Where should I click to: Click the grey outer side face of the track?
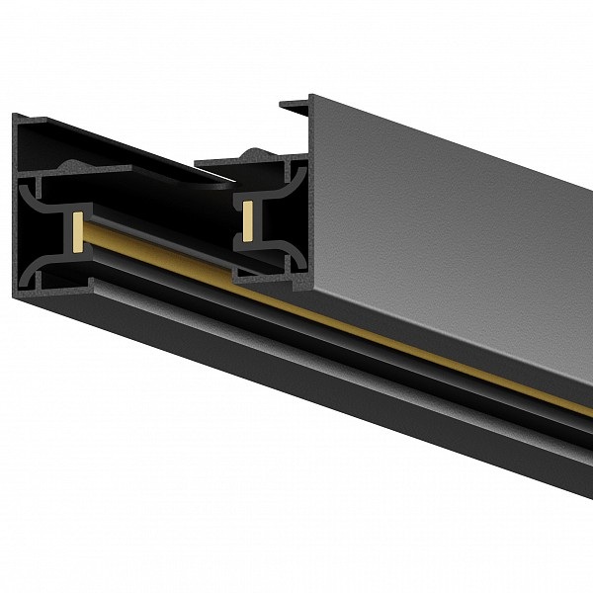[445, 217]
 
